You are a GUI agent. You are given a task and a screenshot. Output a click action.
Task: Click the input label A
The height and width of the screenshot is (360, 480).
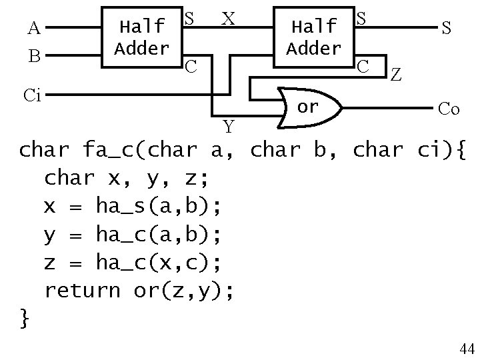34,28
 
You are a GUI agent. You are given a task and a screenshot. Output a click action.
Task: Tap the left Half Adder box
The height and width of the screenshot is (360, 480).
141,37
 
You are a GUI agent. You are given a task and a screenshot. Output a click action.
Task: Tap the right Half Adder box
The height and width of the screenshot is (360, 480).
312,37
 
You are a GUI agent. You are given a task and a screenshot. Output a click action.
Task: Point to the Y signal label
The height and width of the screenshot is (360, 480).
229,125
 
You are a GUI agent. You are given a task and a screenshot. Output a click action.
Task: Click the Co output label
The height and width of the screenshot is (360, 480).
448,109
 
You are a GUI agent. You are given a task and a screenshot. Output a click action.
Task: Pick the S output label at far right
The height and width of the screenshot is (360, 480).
446,28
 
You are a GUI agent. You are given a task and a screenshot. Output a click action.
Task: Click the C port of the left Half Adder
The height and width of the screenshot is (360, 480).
191,66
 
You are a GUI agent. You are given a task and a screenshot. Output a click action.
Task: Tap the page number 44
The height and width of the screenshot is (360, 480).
466,349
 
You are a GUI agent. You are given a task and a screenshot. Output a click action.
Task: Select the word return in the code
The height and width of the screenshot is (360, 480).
83,290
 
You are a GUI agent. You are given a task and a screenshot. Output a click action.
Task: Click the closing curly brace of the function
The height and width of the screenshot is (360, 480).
25,319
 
